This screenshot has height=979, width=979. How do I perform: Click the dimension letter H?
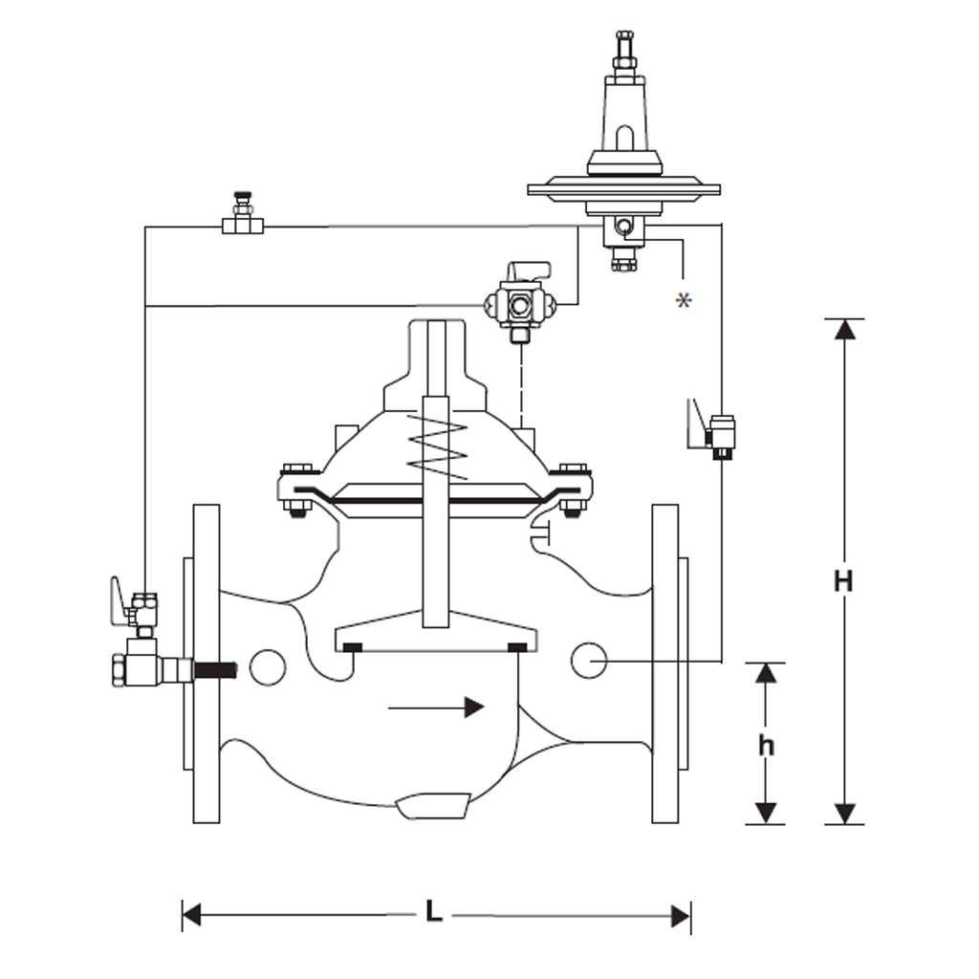(x=842, y=580)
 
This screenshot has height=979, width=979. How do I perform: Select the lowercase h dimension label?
(x=765, y=745)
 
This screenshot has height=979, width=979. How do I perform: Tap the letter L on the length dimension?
(x=434, y=913)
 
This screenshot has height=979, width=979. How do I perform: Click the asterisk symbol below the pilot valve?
(x=683, y=300)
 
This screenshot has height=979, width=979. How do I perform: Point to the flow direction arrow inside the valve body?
(x=436, y=707)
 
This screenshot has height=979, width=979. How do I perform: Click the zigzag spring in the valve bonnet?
(x=435, y=446)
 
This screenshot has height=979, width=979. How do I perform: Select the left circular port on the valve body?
(x=268, y=666)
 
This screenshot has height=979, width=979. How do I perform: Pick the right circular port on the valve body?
(x=589, y=659)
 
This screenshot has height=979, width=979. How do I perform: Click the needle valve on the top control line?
(x=242, y=216)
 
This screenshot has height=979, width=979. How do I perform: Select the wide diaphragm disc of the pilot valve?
(x=623, y=189)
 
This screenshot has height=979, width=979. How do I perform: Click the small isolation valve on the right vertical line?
(x=720, y=436)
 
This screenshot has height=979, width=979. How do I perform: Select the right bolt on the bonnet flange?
(x=573, y=489)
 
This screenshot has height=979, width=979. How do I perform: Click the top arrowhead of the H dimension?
(x=843, y=329)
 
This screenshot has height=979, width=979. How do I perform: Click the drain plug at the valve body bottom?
(x=432, y=806)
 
